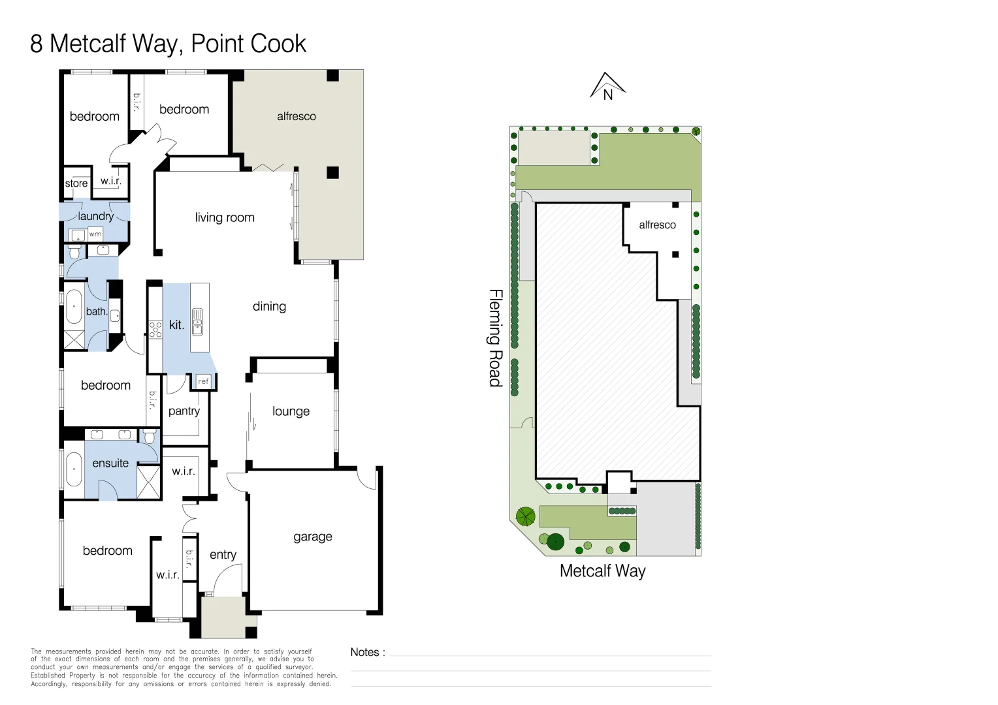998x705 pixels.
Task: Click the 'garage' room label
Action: (x=312, y=537)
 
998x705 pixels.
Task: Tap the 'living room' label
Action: (x=225, y=217)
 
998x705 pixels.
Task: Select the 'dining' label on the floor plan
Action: (x=269, y=306)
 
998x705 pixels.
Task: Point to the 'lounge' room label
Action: (x=291, y=411)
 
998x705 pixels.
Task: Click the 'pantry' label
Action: (x=184, y=411)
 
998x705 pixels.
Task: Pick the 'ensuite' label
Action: (x=110, y=463)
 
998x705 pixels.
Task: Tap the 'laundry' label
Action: (x=96, y=216)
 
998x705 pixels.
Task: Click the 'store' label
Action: (x=76, y=183)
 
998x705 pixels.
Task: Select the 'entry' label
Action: (x=223, y=554)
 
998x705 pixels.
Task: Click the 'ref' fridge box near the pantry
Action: (x=204, y=381)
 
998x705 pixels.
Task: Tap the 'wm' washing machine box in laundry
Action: (x=95, y=234)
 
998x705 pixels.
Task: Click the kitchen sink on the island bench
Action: (x=197, y=321)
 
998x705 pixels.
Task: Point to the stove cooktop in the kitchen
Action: (x=155, y=329)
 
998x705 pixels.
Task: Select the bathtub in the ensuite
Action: (x=74, y=469)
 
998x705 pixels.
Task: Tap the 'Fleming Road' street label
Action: (x=496, y=337)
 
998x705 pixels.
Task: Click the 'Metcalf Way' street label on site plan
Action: (x=602, y=571)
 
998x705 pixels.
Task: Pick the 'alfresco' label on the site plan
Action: (x=657, y=225)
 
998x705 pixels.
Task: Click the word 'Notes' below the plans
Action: (x=365, y=652)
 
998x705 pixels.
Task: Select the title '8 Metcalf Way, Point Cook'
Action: (x=168, y=44)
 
